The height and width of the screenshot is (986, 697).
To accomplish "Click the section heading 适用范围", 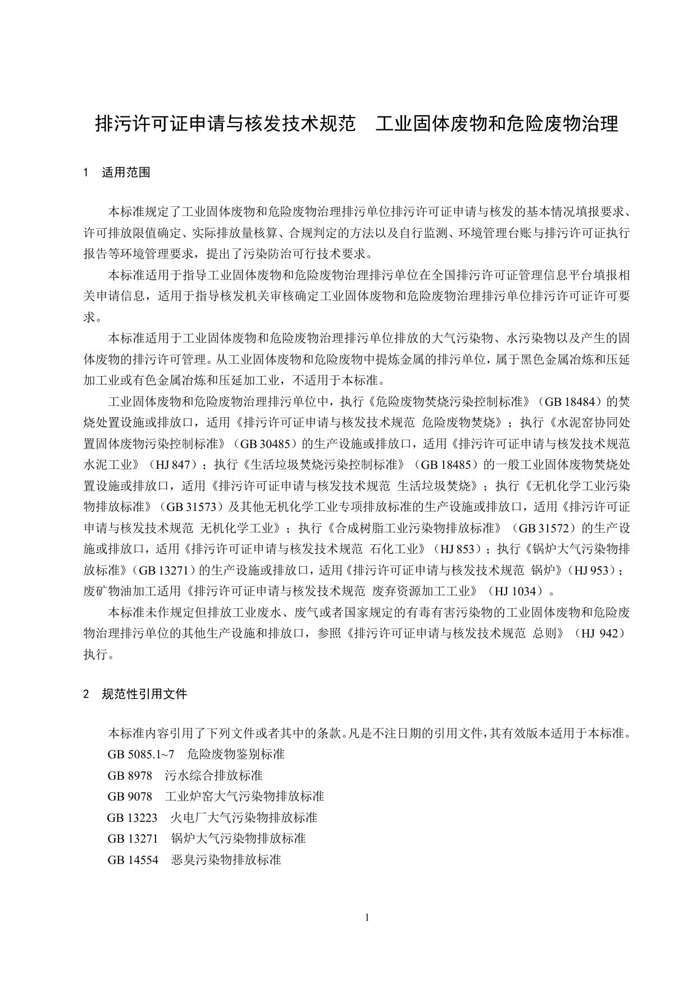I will point(126,173).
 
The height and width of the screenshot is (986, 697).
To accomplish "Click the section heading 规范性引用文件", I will point(144,694).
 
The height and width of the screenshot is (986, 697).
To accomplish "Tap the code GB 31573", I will point(191,507).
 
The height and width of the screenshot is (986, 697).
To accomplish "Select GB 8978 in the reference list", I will point(130,776).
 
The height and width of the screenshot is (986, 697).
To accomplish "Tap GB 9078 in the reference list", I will point(130,797).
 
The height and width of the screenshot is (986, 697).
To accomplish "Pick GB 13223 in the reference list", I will point(133,817).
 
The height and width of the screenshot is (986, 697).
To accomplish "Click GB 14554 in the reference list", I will point(133,860).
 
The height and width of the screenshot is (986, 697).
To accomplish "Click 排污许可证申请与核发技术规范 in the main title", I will point(226,123).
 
